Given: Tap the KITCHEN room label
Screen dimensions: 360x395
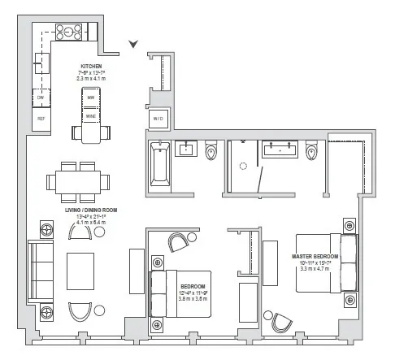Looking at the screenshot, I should [91, 67].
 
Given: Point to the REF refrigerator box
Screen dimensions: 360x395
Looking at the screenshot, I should [40, 119].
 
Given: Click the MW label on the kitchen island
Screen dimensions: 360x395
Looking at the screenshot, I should [91, 98].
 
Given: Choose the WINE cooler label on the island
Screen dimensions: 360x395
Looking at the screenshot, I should [91, 116].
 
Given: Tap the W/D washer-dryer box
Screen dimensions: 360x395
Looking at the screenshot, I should [158, 119].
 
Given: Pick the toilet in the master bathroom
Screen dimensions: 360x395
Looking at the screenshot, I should [312, 151].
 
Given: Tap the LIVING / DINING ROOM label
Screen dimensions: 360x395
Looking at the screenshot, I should [91, 210].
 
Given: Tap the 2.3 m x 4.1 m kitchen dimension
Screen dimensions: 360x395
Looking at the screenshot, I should [91, 80].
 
